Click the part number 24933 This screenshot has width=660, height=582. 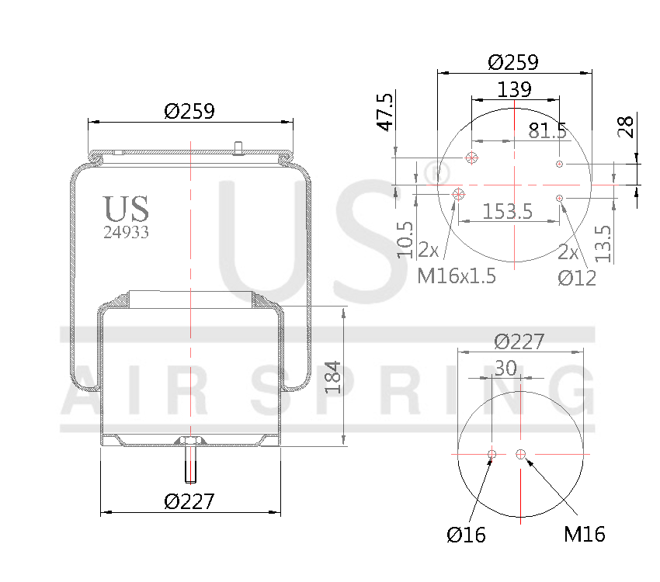(x=127, y=231)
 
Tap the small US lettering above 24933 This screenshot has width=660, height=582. (x=126, y=208)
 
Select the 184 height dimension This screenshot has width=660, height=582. (x=333, y=377)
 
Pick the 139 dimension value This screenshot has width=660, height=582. (x=514, y=89)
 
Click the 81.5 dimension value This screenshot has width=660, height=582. (x=547, y=130)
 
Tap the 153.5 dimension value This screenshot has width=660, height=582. (x=507, y=211)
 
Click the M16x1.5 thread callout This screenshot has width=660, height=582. (x=457, y=275)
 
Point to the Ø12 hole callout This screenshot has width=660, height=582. (x=577, y=277)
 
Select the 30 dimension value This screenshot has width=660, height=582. (x=505, y=369)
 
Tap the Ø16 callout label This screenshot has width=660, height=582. (x=466, y=534)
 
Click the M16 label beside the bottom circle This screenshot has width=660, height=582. (x=584, y=534)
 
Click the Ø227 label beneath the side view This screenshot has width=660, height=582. (x=189, y=501)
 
